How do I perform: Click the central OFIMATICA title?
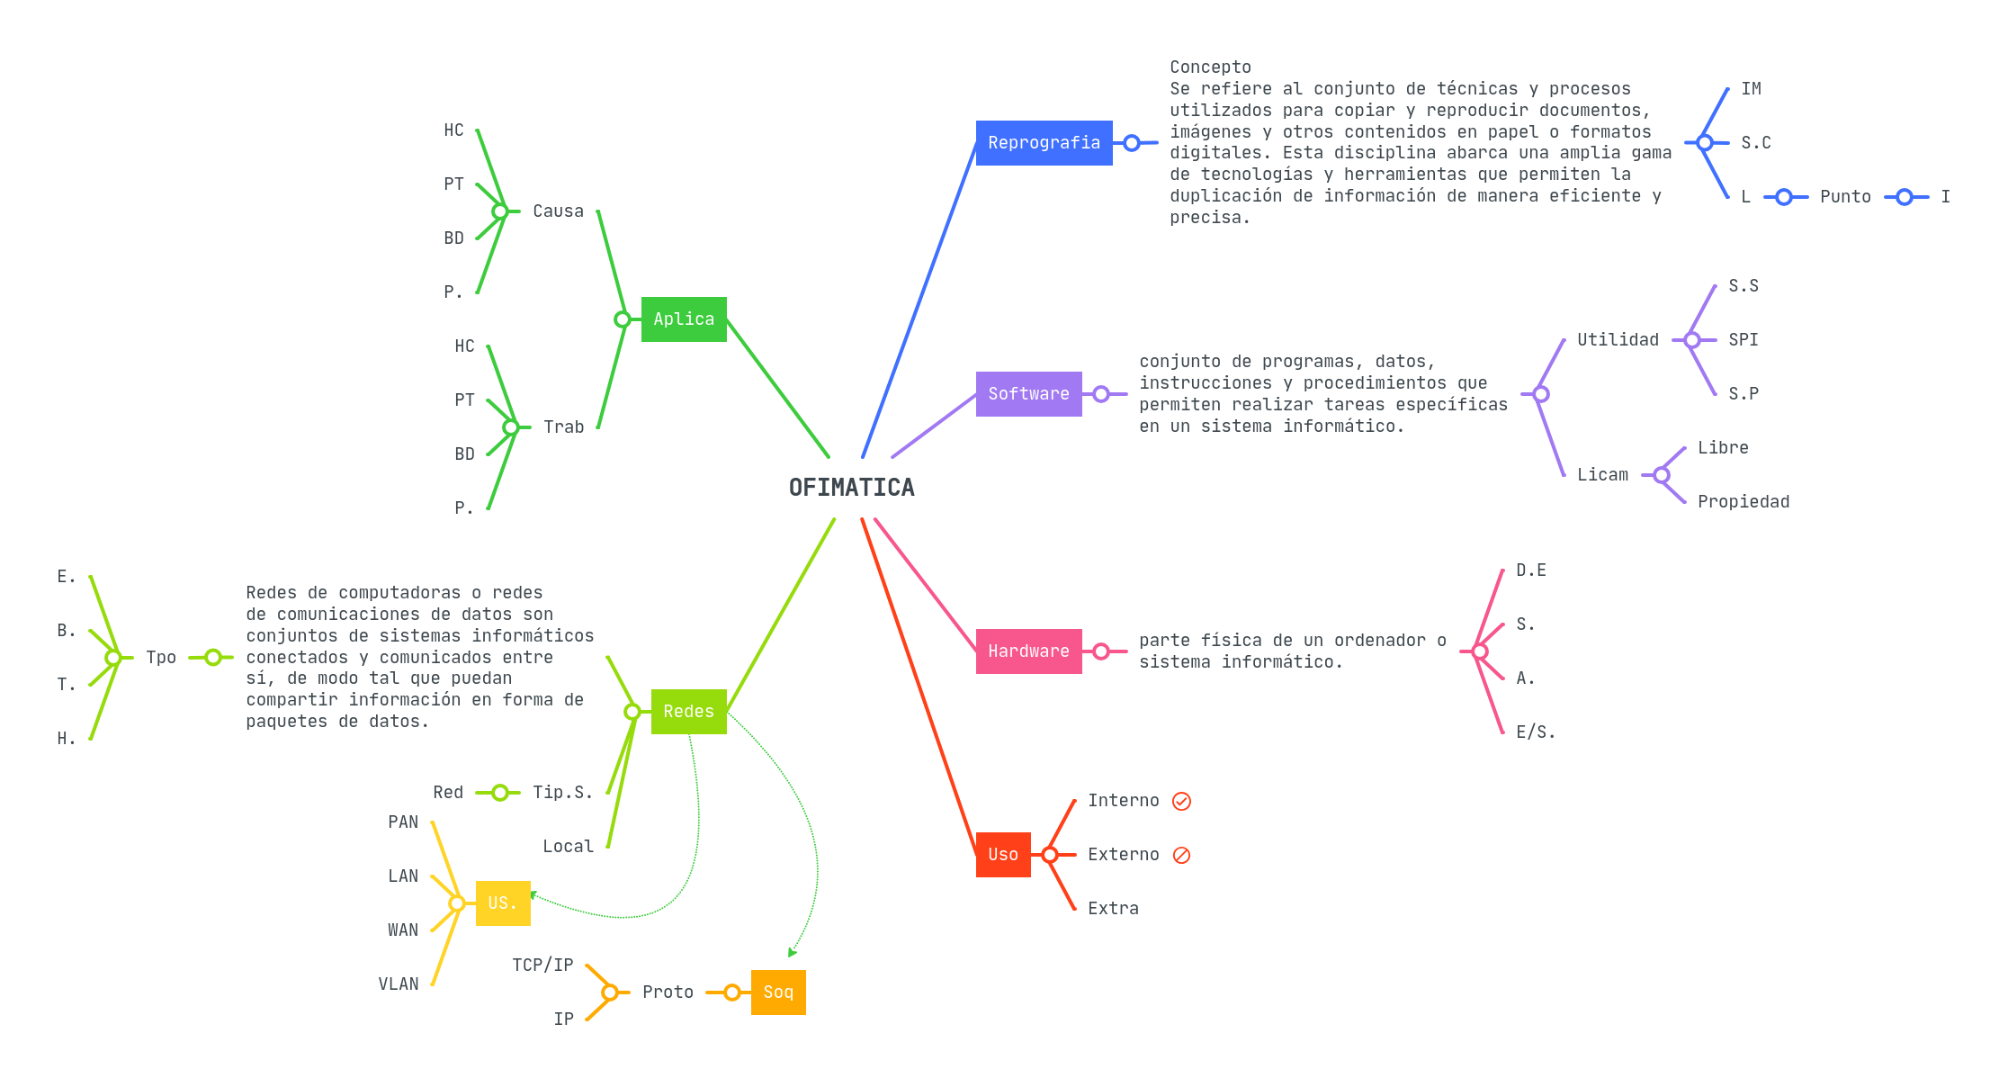(x=851, y=488)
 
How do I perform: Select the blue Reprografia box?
(x=1044, y=143)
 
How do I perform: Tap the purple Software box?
(x=1028, y=394)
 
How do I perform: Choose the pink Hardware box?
(x=1028, y=651)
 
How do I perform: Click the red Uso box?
(x=1003, y=855)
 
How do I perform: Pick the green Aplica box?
(x=684, y=319)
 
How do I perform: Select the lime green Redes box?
(x=688, y=712)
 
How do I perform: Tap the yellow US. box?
(x=502, y=903)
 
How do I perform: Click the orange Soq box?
(x=778, y=993)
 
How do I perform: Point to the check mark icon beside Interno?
(x=1182, y=801)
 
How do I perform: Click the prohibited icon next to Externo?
(x=1182, y=855)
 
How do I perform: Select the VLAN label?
(x=399, y=984)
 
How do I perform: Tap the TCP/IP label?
(x=542, y=966)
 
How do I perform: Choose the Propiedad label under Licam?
(x=1744, y=502)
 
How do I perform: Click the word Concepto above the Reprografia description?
(x=1210, y=67)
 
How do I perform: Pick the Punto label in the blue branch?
(x=1845, y=197)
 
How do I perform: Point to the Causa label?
(x=558, y=211)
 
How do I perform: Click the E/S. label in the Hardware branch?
(x=1535, y=732)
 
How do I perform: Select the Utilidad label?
(x=1618, y=340)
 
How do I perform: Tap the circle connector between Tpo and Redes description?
(x=213, y=658)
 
